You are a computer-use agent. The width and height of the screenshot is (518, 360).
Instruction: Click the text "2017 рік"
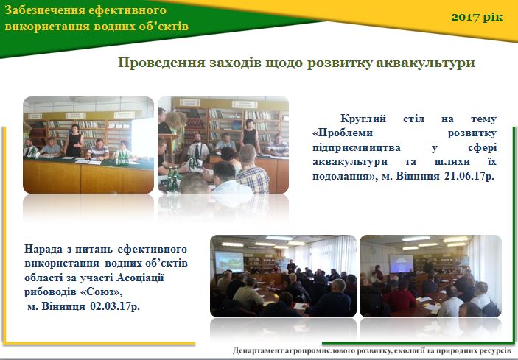tap(477, 17)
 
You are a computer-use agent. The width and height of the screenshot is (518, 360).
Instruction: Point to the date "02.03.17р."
tap(115, 306)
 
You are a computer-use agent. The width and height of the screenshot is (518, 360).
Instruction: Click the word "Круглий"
tap(363, 119)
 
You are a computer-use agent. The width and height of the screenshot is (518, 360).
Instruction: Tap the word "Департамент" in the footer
tap(256, 350)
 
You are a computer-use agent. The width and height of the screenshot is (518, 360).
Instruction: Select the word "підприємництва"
tap(357, 147)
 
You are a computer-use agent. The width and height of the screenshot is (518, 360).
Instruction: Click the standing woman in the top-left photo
tap(74, 141)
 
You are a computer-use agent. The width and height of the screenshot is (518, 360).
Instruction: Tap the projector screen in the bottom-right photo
tap(401, 264)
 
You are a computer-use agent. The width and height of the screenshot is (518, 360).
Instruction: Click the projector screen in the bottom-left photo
tap(229, 261)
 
